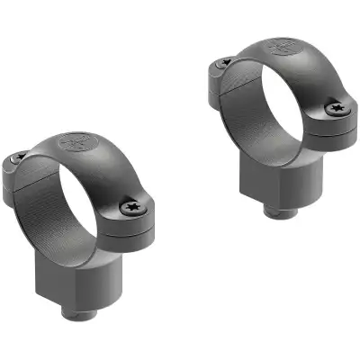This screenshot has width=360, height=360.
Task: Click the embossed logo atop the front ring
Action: click(75, 143)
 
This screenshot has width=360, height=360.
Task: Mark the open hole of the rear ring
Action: click(270, 103)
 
